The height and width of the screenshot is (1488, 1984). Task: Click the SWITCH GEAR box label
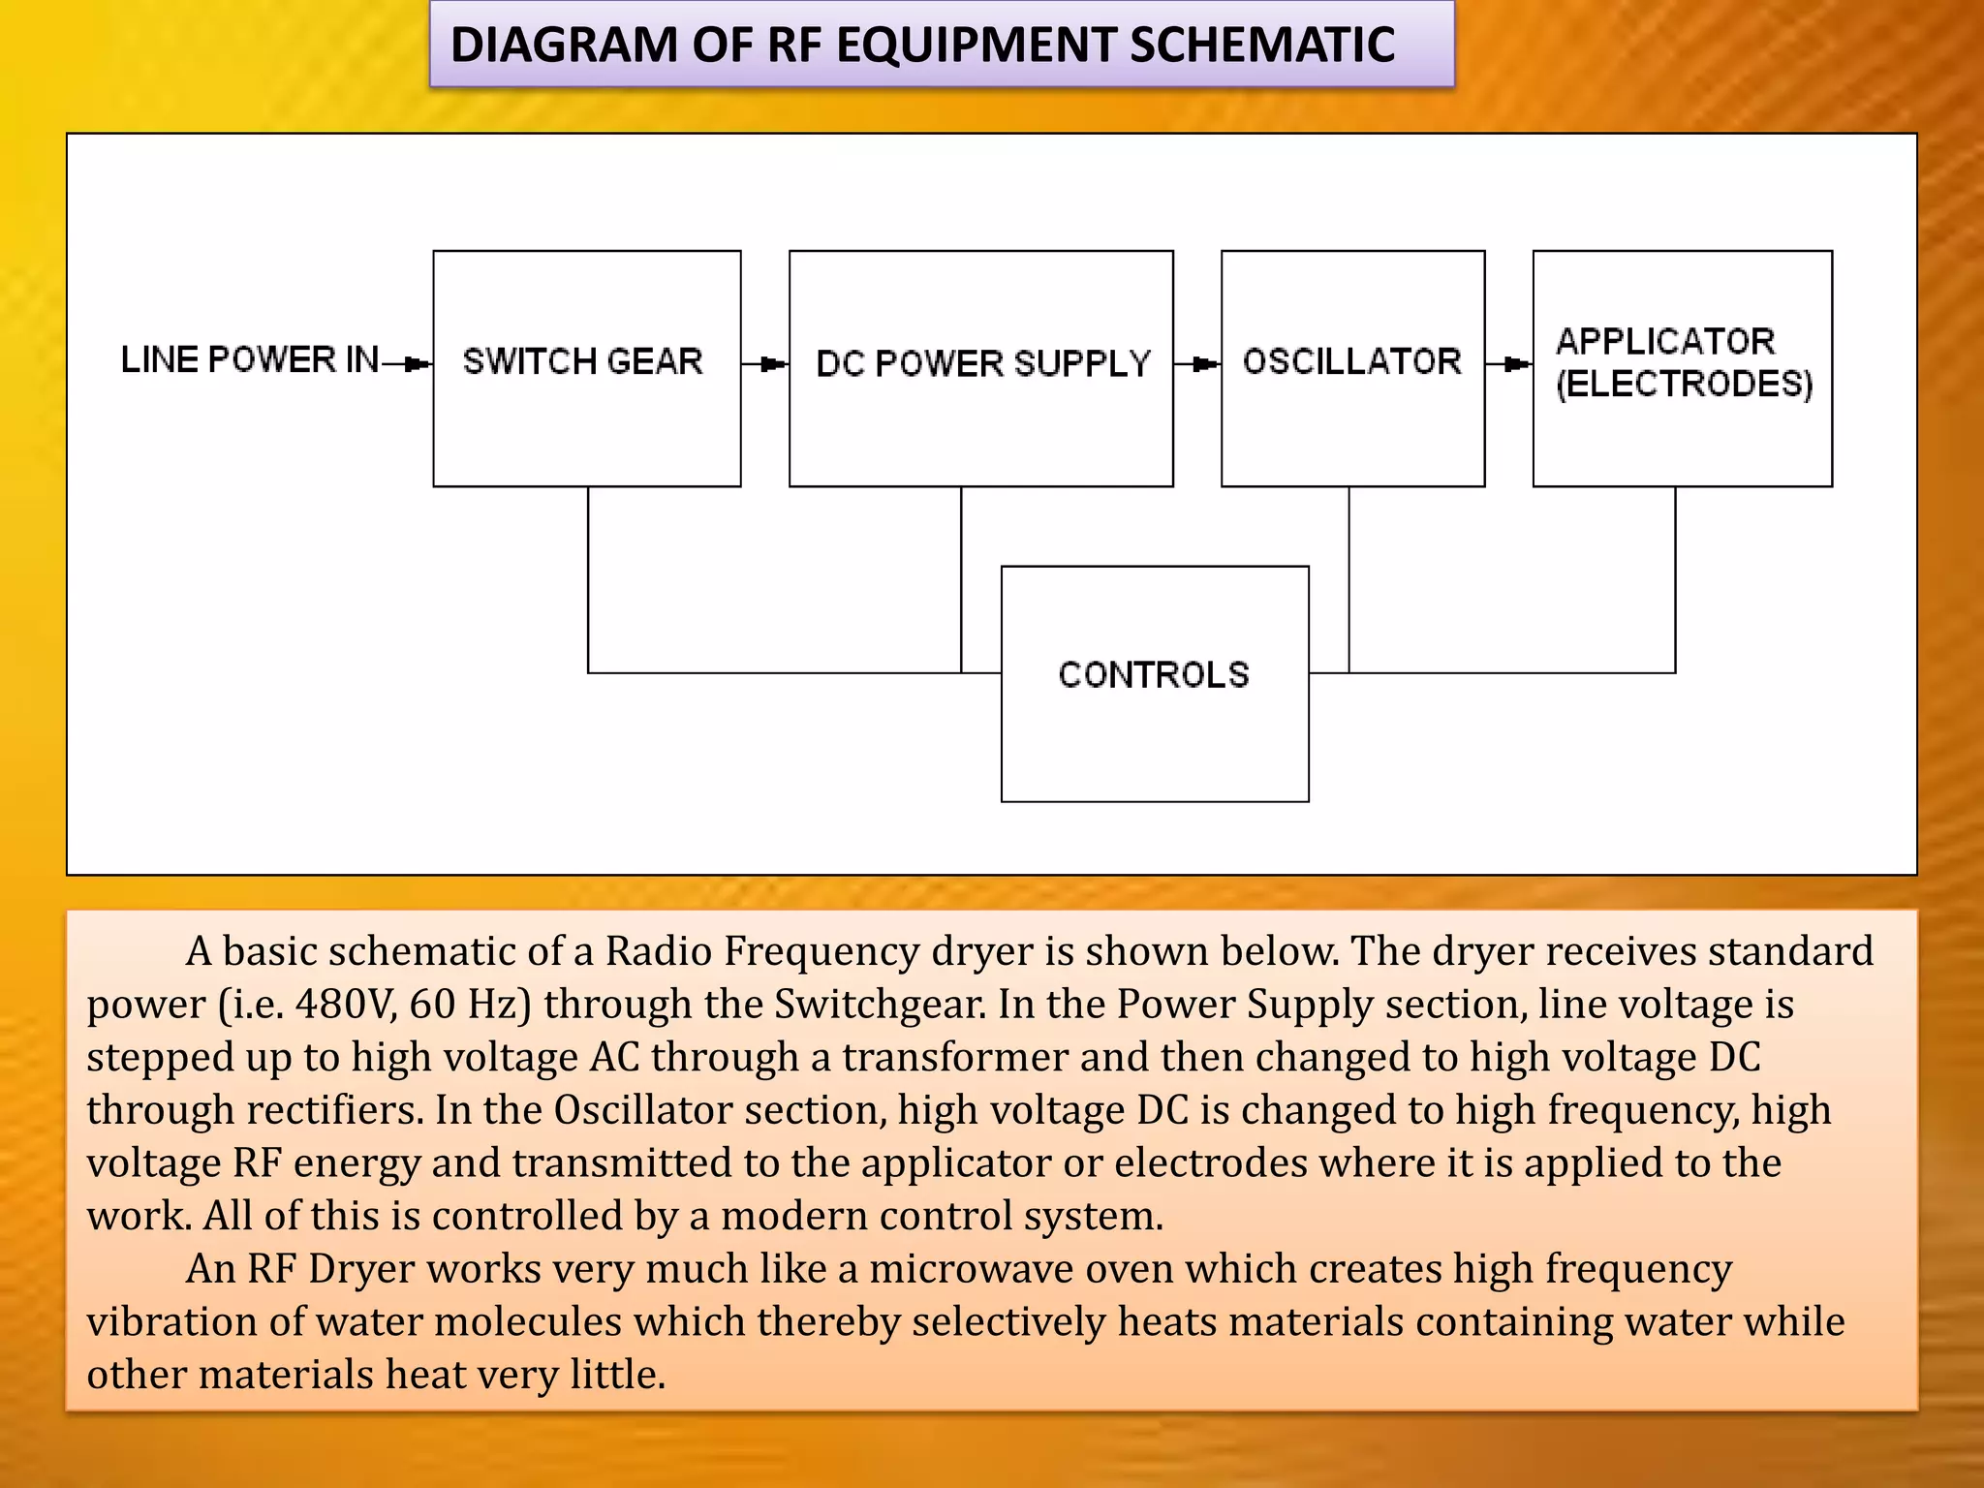(x=582, y=361)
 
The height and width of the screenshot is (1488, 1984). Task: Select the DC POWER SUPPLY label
(x=982, y=363)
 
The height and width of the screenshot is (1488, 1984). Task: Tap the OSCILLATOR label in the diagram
(x=1351, y=361)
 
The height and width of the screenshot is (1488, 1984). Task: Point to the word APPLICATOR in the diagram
(x=1665, y=341)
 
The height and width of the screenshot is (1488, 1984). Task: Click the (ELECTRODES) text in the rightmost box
(x=1684, y=384)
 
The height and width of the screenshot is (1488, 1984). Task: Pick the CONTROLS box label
(x=1154, y=674)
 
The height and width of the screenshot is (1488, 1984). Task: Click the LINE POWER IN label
(x=250, y=359)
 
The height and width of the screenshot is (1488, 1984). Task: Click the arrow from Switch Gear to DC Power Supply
(x=772, y=364)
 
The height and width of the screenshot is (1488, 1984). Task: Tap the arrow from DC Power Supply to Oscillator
(x=1204, y=364)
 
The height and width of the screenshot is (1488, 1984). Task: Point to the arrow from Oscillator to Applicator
(x=1516, y=364)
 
